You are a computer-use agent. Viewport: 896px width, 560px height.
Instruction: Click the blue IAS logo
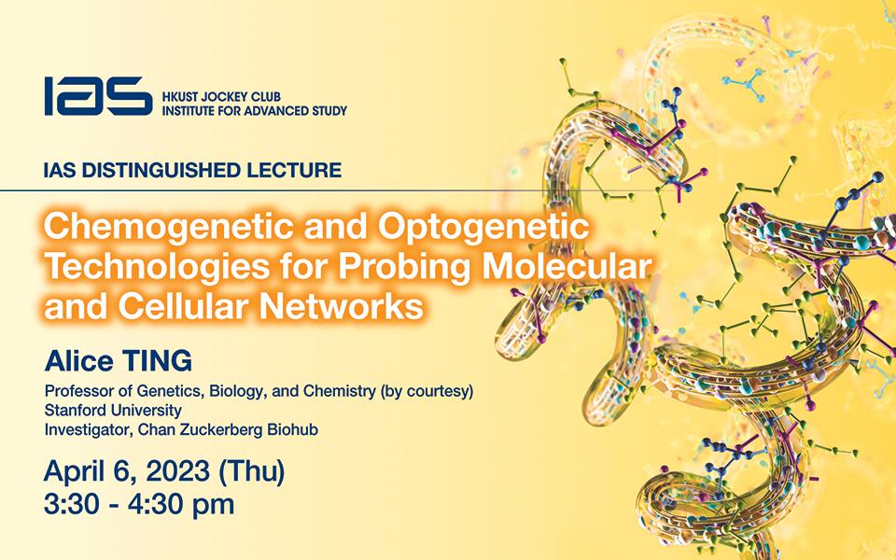(98, 96)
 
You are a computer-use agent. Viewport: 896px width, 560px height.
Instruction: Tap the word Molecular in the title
(567, 266)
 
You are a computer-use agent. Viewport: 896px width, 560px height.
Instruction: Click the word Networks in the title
(342, 306)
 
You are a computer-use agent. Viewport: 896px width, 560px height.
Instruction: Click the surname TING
(157, 361)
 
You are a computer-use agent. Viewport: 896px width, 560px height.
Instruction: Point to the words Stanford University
(113, 411)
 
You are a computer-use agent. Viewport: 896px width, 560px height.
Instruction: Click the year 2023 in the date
(177, 471)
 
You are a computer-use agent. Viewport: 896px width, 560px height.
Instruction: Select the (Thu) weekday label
(251, 472)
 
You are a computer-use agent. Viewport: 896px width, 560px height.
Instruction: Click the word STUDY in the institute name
(329, 111)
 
